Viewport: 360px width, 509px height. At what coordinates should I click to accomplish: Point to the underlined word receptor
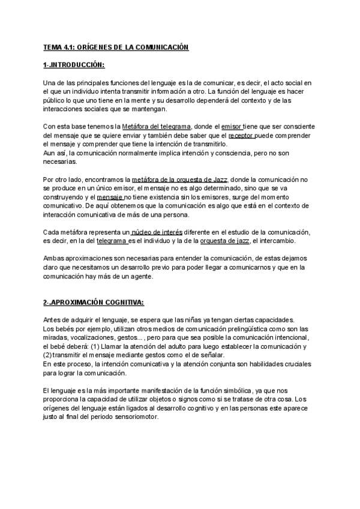point(241,136)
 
